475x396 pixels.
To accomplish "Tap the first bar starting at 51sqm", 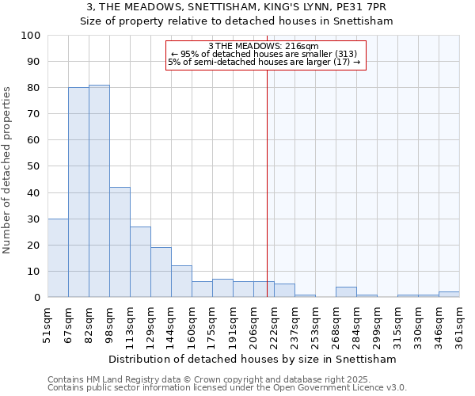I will [58, 258].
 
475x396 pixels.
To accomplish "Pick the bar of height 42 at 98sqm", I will [120, 242].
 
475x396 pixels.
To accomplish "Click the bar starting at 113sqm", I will [140, 262].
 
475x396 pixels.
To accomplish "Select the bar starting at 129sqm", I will [161, 272].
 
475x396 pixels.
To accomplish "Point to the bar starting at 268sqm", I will [346, 292].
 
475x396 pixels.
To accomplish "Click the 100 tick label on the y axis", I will [31, 36].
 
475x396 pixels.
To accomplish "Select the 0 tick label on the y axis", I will [37, 298].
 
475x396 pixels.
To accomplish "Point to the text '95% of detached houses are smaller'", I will [265, 54].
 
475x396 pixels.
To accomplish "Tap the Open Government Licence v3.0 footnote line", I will [227, 388].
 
